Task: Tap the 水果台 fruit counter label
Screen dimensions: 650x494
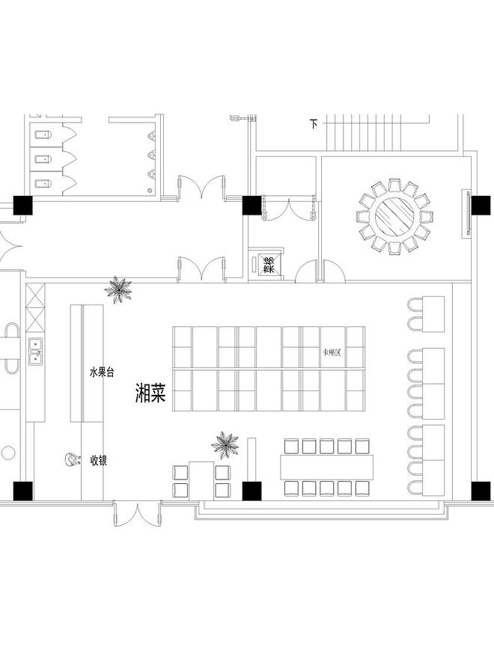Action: click(x=101, y=371)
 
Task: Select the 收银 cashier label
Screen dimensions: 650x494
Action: click(x=98, y=461)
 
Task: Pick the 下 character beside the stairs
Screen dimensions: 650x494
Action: click(x=313, y=123)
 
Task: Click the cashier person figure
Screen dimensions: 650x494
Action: click(x=72, y=461)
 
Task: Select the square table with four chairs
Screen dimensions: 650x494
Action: click(x=201, y=481)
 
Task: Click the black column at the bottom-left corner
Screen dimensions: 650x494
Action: click(x=23, y=491)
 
